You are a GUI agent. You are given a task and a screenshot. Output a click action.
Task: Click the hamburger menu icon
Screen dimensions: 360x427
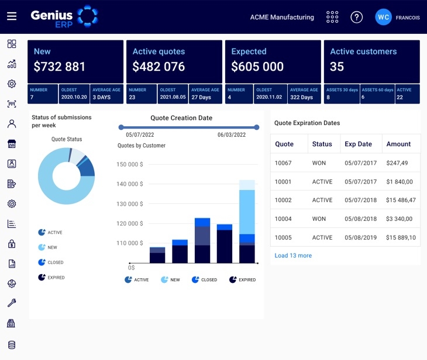click(12, 16)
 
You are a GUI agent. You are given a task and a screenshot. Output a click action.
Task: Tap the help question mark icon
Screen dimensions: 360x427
click(356, 17)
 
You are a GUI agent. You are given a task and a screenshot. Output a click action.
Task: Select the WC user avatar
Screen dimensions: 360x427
click(383, 17)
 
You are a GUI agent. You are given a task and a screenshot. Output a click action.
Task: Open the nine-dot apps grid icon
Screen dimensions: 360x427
click(332, 17)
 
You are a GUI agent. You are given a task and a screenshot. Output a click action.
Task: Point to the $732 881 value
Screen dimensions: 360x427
click(60, 67)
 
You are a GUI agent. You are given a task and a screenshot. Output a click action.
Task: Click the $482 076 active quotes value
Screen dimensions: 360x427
click(159, 67)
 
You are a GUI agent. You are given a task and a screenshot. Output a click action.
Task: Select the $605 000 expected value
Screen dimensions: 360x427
click(257, 67)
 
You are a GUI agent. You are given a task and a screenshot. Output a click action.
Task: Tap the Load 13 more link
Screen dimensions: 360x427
click(293, 255)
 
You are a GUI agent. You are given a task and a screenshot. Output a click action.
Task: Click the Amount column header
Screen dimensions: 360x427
click(398, 144)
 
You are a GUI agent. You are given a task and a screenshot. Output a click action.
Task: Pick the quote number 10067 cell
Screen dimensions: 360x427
click(283, 163)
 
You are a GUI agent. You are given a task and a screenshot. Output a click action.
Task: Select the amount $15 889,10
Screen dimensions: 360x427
click(401, 237)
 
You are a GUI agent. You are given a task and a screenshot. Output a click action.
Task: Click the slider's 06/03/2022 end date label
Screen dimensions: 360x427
click(232, 135)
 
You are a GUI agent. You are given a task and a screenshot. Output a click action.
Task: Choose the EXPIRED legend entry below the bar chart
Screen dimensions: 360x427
click(242, 280)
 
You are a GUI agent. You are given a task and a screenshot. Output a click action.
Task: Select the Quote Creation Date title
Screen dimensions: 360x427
click(181, 118)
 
